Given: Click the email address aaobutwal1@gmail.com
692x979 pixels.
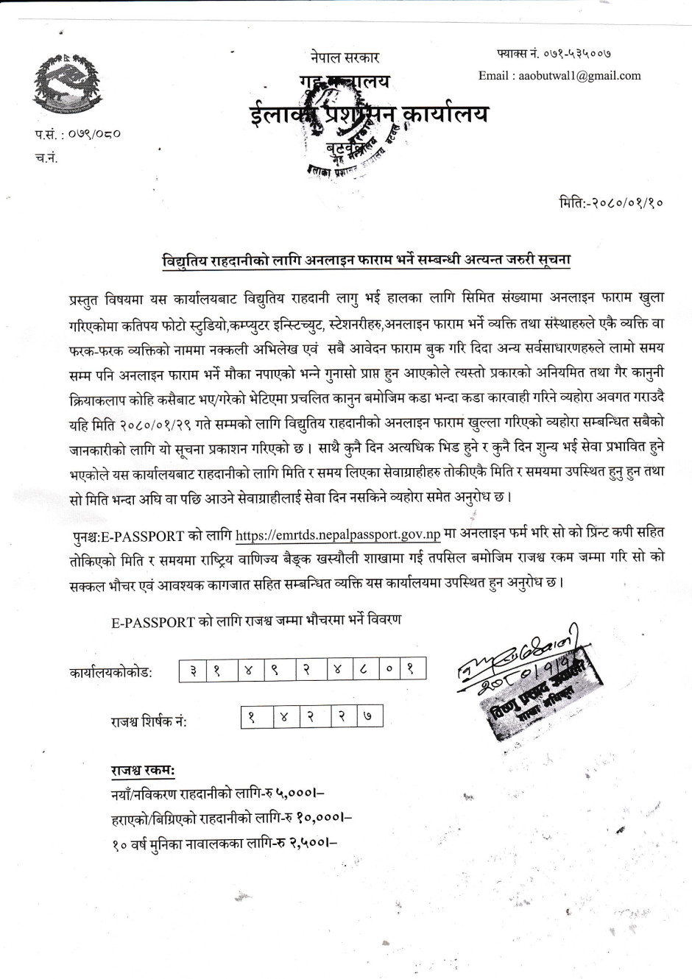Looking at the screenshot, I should (x=559, y=75).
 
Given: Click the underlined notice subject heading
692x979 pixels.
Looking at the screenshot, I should (x=367, y=261).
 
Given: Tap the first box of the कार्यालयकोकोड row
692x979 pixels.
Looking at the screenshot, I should (x=192, y=672).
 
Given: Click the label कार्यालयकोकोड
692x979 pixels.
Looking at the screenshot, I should (x=111, y=674).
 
